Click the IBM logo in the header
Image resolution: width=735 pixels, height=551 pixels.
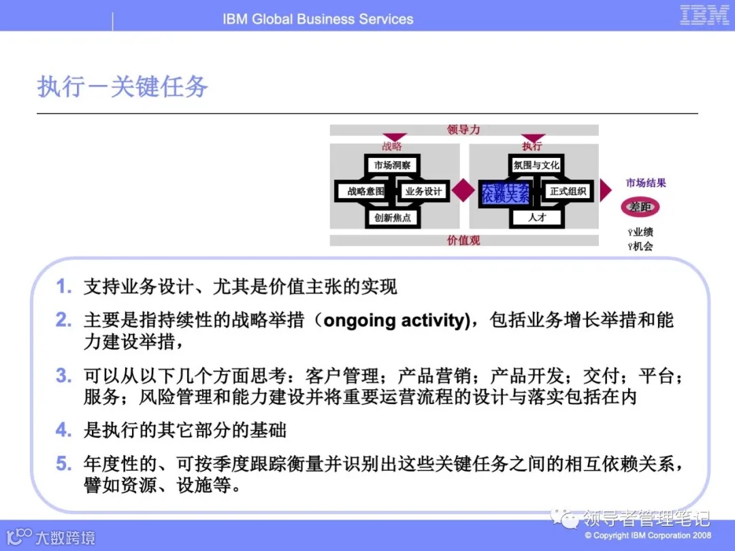pos(704,15)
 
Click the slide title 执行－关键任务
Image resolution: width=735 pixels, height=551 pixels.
pos(122,87)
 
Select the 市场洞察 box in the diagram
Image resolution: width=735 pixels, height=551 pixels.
pos(392,165)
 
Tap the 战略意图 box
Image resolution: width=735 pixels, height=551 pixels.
pos(365,191)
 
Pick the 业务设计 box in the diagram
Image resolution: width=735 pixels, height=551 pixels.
pos(423,191)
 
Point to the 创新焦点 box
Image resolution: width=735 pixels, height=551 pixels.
pos(392,218)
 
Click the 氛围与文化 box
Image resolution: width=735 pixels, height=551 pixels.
pos(536,165)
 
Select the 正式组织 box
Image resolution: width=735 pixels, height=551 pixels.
pos(568,191)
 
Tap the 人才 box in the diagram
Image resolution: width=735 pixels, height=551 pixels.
pos(537,218)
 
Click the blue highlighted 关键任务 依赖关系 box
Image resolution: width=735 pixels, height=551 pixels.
pos(504,193)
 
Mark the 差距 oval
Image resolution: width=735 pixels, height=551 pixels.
pos(640,207)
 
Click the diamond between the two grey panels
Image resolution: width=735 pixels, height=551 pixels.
pos(464,190)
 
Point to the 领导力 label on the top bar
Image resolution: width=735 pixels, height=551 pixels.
pos(463,129)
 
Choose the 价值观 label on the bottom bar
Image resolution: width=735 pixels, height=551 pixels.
pos(463,240)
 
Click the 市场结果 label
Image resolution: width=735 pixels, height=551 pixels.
pos(646,182)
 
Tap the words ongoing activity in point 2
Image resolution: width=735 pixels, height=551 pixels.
pos(396,320)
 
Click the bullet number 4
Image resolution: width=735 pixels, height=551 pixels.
pos(63,430)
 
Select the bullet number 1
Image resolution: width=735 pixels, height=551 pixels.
pos(63,287)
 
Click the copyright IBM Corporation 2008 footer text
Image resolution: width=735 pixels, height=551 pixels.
pos(647,535)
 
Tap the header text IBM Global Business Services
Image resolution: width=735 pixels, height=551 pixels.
pos(318,18)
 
